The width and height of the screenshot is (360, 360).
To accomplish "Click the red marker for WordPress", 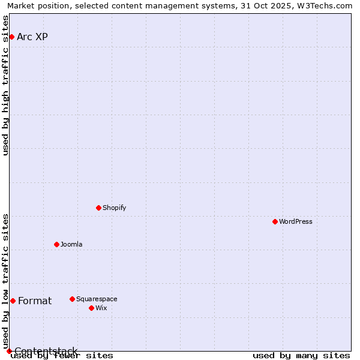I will tap(275, 221).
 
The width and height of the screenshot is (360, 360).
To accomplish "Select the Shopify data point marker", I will tap(98, 208).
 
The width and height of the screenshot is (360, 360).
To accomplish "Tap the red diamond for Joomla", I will tap(56, 244).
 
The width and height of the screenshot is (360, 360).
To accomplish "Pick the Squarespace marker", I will tap(72, 299).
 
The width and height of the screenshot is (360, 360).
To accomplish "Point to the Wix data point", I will tap(91, 308).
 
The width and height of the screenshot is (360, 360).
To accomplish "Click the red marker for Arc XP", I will tap(11, 37).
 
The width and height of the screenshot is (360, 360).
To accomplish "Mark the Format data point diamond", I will tap(13, 301).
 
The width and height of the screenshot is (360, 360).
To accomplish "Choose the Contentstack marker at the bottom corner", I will tap(9, 351).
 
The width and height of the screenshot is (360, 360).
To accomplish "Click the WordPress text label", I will tap(296, 221).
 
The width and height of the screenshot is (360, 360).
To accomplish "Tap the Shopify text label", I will tap(114, 208).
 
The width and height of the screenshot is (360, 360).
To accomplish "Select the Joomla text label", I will tap(71, 244).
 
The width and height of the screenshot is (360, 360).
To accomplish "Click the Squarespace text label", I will tap(97, 299).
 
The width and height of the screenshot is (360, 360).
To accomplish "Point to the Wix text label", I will tap(101, 308).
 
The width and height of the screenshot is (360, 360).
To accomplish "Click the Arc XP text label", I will tap(32, 37).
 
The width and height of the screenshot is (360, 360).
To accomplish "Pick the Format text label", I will tap(35, 301).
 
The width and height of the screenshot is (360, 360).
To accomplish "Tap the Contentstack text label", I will tap(46, 351).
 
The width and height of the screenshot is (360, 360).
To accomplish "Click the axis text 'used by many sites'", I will tap(301, 356).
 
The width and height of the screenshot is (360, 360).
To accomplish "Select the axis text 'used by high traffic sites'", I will tap(6, 85).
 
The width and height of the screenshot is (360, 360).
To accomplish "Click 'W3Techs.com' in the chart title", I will tap(323, 6).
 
